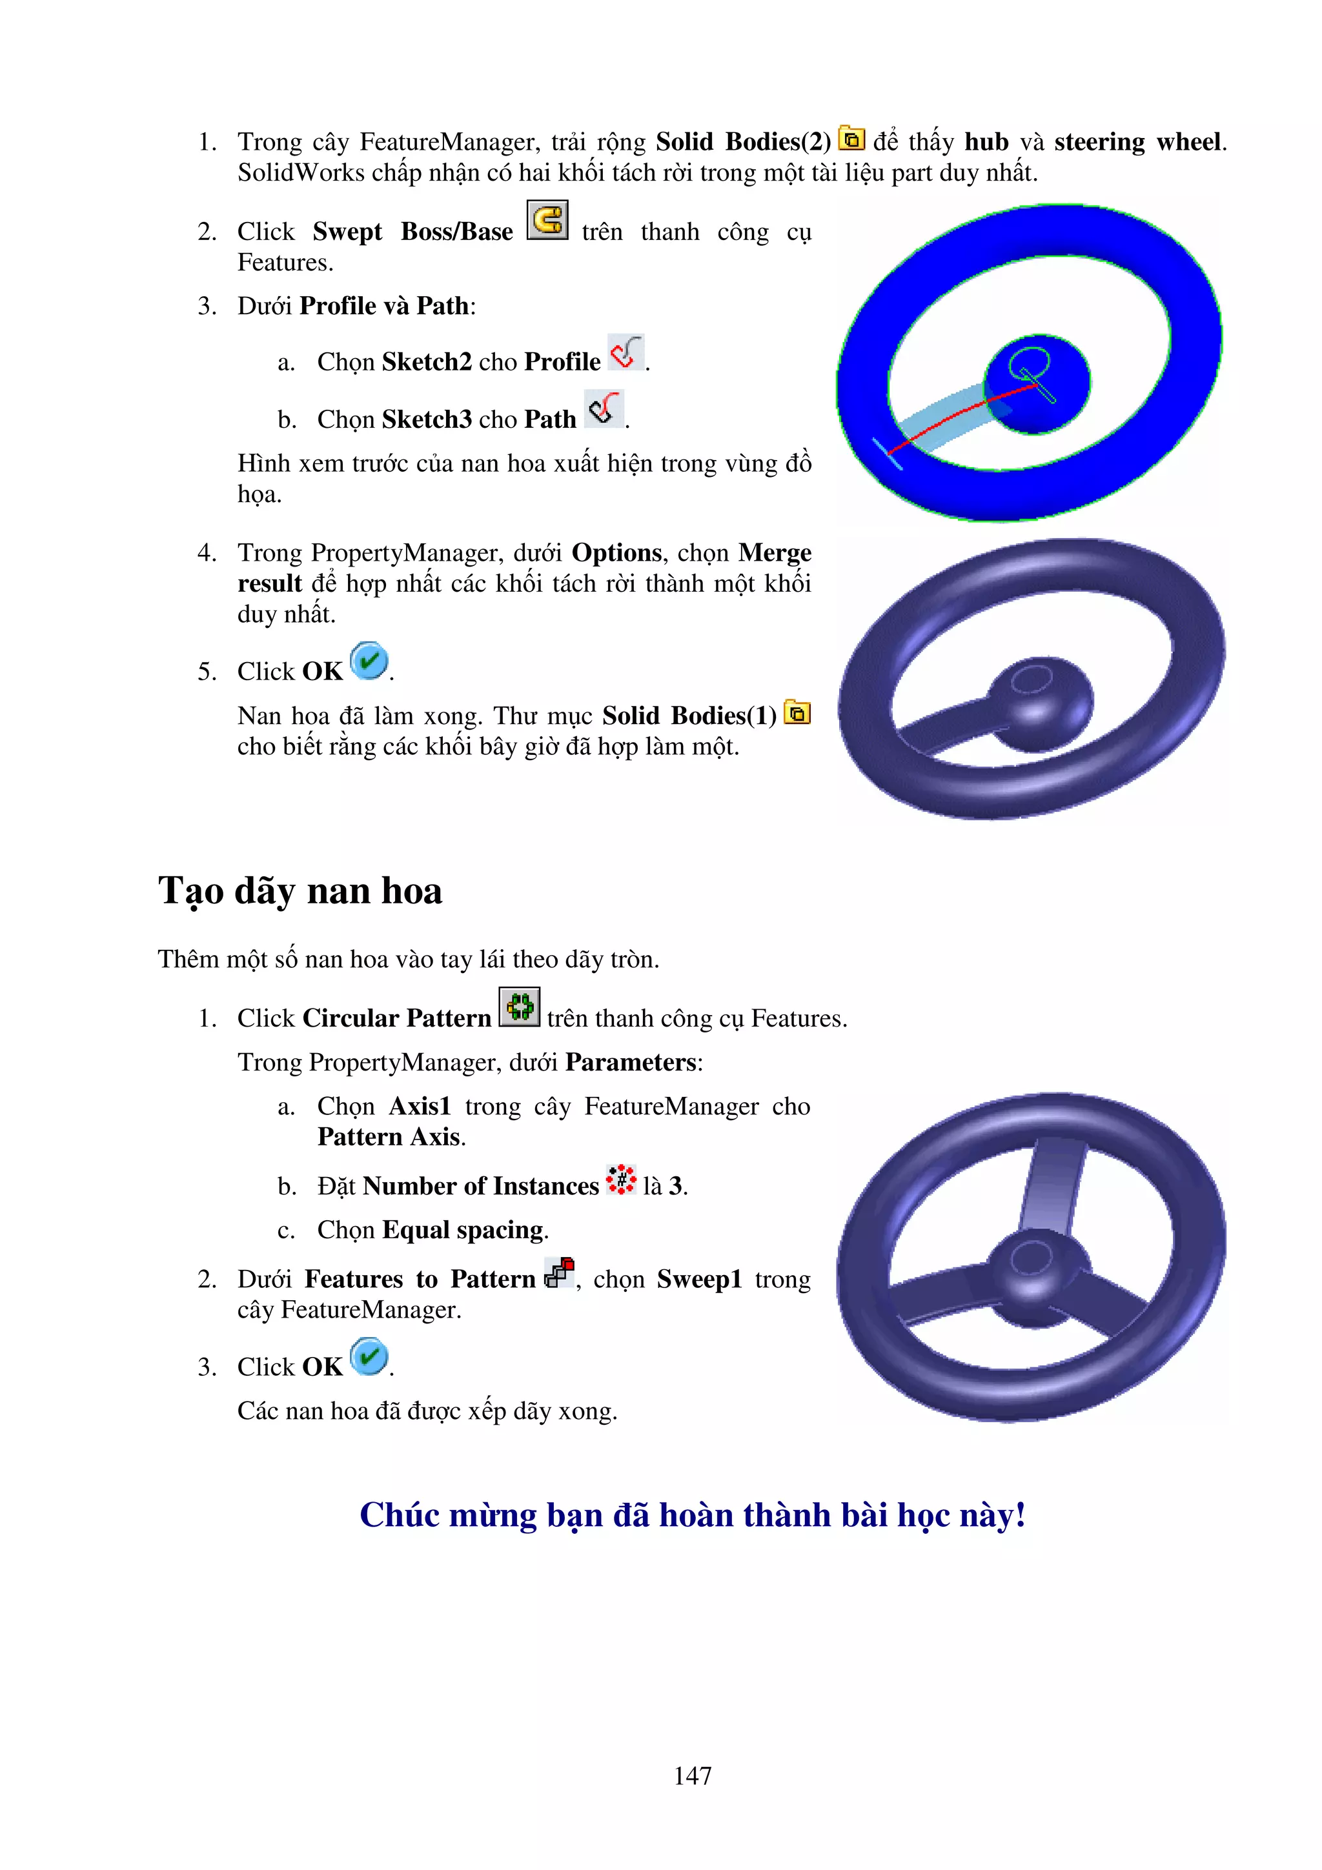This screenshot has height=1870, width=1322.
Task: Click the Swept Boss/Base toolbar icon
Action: [x=547, y=221]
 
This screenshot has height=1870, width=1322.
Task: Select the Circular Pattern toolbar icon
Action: [x=519, y=1007]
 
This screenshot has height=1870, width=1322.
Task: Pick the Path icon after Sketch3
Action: [x=604, y=409]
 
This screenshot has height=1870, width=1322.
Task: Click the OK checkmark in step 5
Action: [x=369, y=661]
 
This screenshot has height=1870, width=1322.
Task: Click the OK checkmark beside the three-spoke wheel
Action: [x=369, y=1357]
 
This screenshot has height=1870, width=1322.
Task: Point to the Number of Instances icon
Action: [x=621, y=1180]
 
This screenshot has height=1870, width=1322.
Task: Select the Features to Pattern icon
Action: [x=560, y=1272]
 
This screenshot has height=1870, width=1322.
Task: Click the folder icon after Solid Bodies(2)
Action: [x=851, y=139]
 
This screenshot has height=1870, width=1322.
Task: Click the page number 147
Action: [x=693, y=1776]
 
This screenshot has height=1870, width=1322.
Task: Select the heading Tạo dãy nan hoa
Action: [x=300, y=890]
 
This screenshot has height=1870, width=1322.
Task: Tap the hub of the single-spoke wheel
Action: [x=1040, y=702]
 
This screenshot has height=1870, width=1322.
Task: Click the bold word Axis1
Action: [x=420, y=1106]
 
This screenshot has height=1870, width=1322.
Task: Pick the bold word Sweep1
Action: [x=699, y=1280]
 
